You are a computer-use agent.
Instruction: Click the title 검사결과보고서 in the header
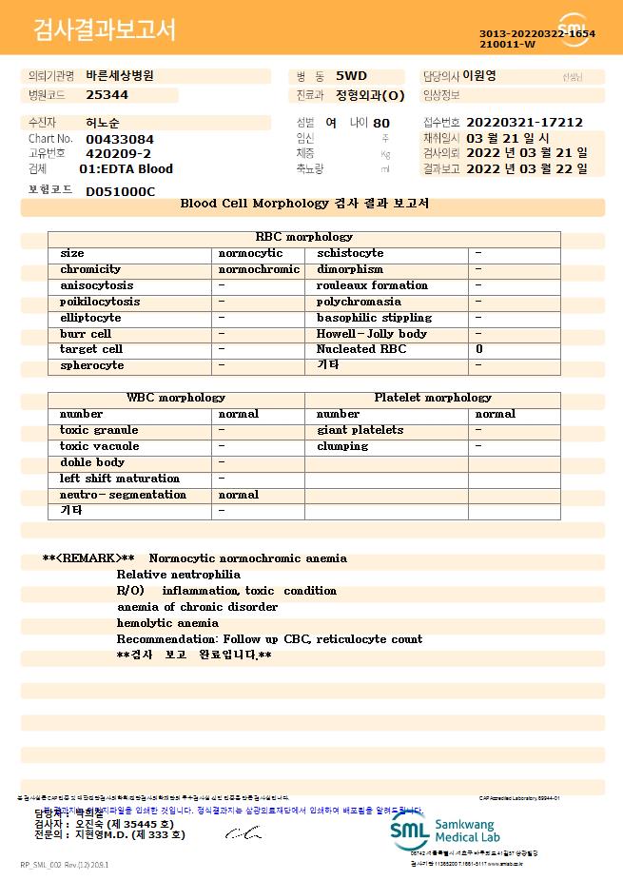(x=104, y=30)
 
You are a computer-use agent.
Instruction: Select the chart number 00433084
(x=120, y=139)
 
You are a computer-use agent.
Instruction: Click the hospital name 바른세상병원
(x=120, y=75)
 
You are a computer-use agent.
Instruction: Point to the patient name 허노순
(x=103, y=123)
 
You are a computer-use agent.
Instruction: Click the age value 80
(x=381, y=123)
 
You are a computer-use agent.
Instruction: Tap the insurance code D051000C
(x=120, y=191)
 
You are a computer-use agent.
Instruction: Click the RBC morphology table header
(x=304, y=237)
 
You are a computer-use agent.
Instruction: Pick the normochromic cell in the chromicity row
(x=259, y=269)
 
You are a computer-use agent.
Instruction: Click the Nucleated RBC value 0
(x=479, y=349)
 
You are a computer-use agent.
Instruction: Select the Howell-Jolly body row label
(x=372, y=334)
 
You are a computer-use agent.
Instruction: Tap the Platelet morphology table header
(x=433, y=398)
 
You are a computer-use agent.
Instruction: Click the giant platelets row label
(x=360, y=430)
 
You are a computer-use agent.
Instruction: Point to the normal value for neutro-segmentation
(x=239, y=495)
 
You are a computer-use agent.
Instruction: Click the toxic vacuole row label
(x=100, y=446)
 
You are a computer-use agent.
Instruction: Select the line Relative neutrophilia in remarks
(x=179, y=575)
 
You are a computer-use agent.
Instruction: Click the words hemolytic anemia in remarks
(x=167, y=623)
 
